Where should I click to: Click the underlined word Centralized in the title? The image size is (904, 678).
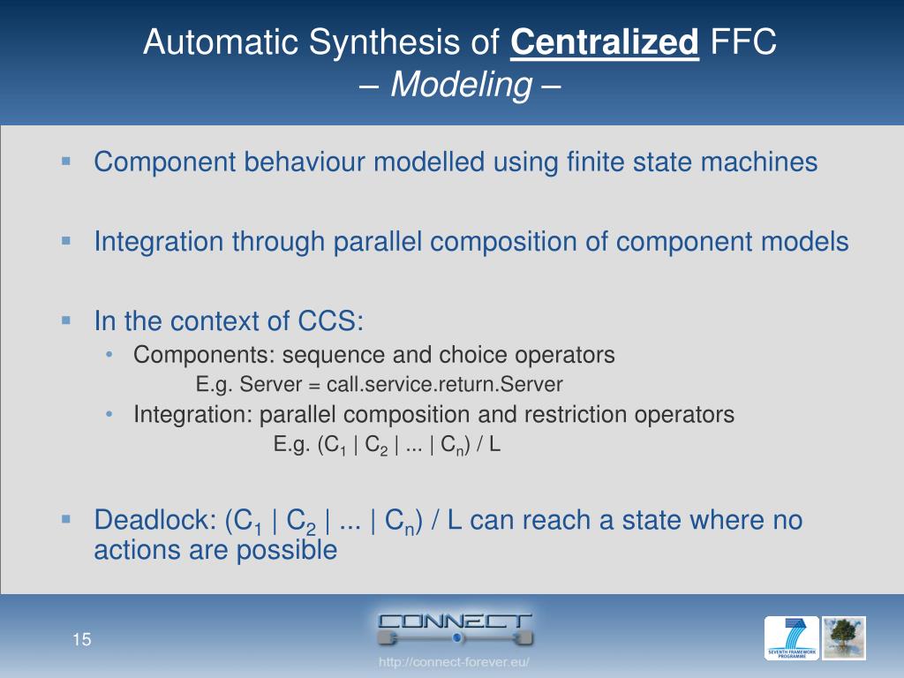(605, 41)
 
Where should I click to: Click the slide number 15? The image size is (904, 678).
(82, 640)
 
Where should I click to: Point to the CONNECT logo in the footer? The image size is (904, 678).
(454, 626)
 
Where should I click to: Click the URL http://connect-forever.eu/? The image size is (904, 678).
(454, 662)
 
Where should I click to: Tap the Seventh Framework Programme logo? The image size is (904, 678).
(791, 638)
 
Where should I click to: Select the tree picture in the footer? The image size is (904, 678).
(844, 638)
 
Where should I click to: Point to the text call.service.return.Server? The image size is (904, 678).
(444, 384)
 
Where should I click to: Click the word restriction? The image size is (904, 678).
(585, 414)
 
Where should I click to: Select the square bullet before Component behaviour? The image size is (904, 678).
(66, 161)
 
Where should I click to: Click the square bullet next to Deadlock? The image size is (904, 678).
(66, 519)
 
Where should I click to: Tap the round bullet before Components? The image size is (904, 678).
(109, 354)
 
